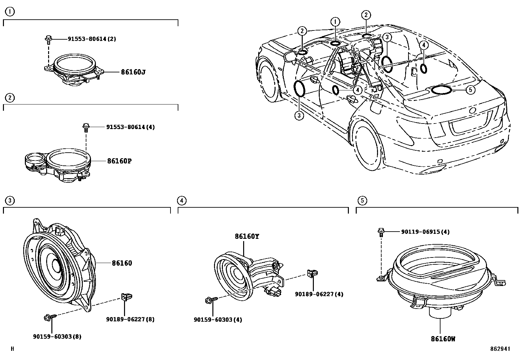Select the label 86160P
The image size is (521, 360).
coord(119,161)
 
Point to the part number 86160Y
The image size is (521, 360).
coord(246,236)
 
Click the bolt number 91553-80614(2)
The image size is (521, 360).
coord(92,39)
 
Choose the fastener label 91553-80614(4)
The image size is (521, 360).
coord(130,127)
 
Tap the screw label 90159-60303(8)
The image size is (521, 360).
coord(57,336)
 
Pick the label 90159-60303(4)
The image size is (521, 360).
coord(218,319)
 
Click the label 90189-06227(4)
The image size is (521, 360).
coord(319,294)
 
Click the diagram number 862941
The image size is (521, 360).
coord(500,349)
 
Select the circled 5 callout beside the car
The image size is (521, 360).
coord(470,90)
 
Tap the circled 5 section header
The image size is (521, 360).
coord(362,200)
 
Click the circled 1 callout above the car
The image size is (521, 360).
coord(335,22)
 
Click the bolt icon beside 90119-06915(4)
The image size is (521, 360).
coord(381,232)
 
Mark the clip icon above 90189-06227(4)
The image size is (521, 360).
coord(311,273)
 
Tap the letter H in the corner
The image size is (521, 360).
coord(12,349)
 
